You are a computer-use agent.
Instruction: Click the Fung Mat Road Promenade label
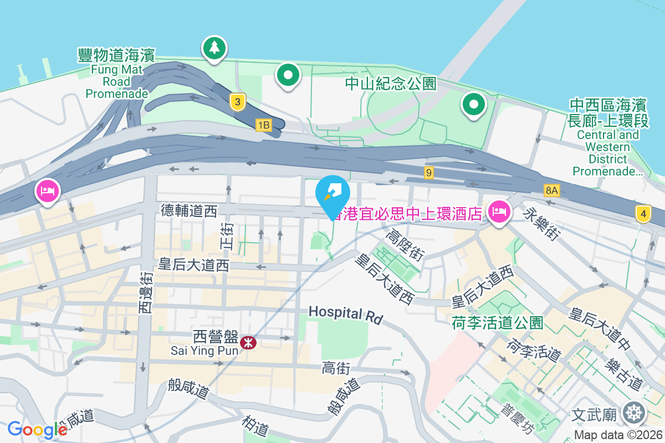pyautogui.click(x=116, y=74)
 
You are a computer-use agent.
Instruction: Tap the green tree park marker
pyautogui.click(x=214, y=48)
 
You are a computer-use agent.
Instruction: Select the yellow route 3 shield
pyautogui.click(x=237, y=101)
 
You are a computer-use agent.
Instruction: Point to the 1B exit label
pyautogui.click(x=263, y=125)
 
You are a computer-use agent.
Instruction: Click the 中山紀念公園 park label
pyautogui.click(x=391, y=84)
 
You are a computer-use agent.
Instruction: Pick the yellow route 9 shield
pyautogui.click(x=428, y=173)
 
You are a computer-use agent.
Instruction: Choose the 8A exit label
pyautogui.click(x=552, y=190)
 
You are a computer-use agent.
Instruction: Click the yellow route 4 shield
pyautogui.click(x=643, y=214)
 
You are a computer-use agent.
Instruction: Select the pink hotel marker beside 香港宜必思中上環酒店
pyautogui.click(x=499, y=211)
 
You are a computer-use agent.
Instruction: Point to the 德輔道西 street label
pyautogui.click(x=189, y=210)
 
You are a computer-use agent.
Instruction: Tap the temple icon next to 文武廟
pyautogui.click(x=633, y=413)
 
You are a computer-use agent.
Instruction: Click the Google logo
pyautogui.click(x=37, y=429)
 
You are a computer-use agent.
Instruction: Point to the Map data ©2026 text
pyautogui.click(x=618, y=435)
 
